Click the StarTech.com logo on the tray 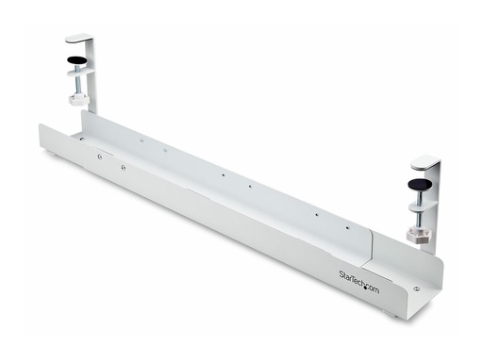[x=359, y=280]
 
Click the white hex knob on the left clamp [x=78, y=99]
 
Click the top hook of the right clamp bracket [x=425, y=161]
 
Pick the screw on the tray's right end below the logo [x=416, y=290]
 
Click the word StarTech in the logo [x=353, y=277]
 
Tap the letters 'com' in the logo [x=373, y=288]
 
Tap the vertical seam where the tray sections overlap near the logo [x=371, y=247]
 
